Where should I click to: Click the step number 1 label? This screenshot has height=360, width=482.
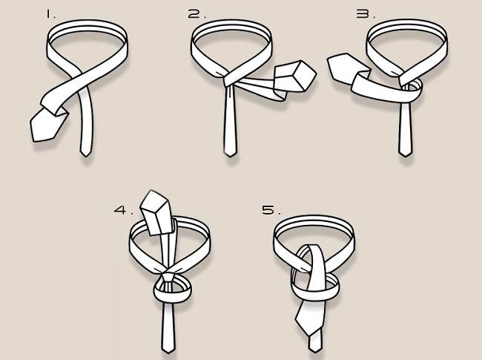tap(50, 14)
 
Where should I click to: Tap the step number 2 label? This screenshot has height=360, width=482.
tap(197, 14)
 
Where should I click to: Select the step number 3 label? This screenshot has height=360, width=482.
tap(366, 14)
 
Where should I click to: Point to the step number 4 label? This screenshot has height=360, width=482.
tap(124, 210)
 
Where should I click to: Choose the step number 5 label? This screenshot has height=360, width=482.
tap(271, 210)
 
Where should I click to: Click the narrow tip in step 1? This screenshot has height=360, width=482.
tap(85, 154)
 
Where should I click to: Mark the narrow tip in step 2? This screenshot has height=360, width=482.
tap(230, 154)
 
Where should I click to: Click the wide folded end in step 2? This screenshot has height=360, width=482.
tap(294, 76)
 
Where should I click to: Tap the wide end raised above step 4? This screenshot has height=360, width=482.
tap(156, 213)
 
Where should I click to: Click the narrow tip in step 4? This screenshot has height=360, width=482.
tap(168, 350)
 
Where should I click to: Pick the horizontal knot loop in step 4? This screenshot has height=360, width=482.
tap(173, 298)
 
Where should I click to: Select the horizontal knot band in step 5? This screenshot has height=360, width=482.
tap(314, 292)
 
